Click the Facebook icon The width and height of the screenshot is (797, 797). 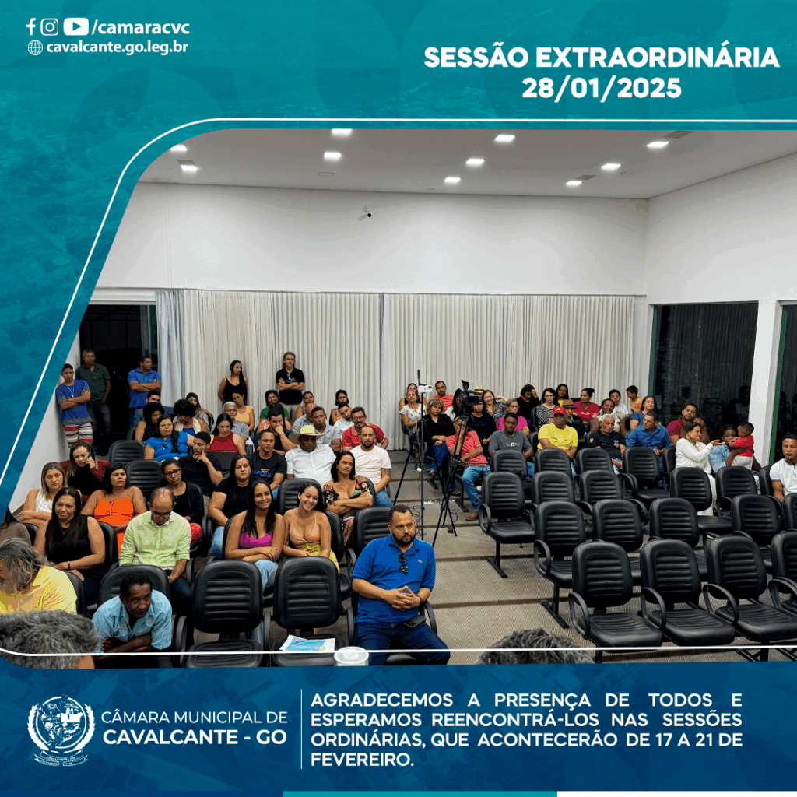31,26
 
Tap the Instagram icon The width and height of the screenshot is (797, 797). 49,26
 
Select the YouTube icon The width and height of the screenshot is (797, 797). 75,26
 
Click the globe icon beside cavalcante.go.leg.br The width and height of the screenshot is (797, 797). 35,47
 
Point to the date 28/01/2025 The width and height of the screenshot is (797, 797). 602,89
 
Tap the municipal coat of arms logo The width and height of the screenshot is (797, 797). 61,730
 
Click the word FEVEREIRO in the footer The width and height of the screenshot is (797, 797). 362,760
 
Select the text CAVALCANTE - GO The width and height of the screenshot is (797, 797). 195,737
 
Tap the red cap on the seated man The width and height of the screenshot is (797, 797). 559,410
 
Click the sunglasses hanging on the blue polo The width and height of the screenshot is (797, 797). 403,562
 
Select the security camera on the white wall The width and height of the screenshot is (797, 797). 368,210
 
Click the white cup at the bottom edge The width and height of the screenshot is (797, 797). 351,655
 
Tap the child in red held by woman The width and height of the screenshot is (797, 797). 742,442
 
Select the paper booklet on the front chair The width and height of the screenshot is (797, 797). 308,644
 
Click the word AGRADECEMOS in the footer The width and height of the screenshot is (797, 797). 381,700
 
